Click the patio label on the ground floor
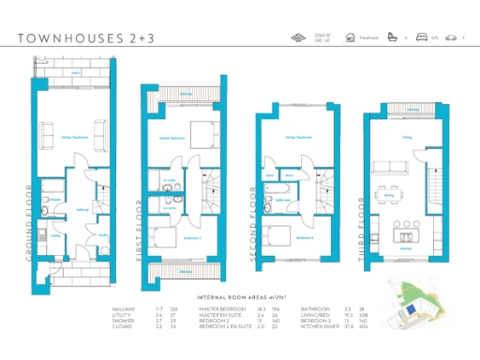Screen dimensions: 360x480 (x=75, y=71)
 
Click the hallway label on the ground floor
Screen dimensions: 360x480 (x=82, y=209)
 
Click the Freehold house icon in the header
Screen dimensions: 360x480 (x=350, y=38)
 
